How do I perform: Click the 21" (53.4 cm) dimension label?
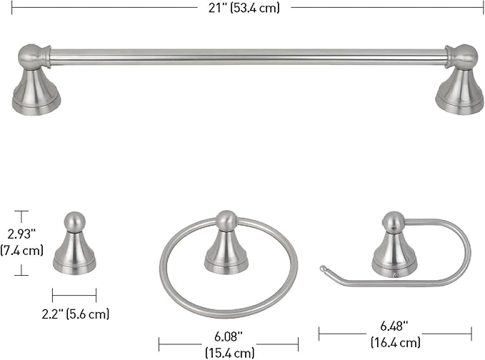pos(244,8)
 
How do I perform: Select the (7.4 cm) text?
pos(21,250)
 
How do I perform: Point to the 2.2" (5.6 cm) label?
pos(76,314)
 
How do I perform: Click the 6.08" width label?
pos(229,336)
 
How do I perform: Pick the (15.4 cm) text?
pos(229,353)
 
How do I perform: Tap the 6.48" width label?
pos(394,326)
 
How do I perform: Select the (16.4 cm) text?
pos(396,342)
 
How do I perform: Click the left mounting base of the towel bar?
pos(36,92)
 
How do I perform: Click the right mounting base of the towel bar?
pos(459,92)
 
